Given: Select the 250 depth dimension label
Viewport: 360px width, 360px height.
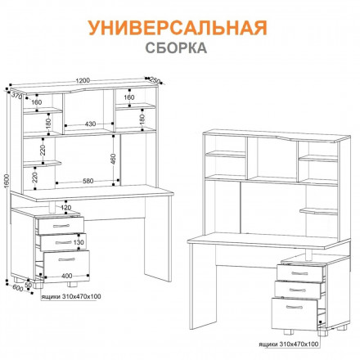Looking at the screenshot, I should coord(155,79).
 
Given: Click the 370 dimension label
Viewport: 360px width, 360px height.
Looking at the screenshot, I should coord(14,97).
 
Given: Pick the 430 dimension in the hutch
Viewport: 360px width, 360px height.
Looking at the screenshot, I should coord(90,124).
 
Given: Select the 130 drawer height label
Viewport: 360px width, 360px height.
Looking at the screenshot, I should coord(79,242).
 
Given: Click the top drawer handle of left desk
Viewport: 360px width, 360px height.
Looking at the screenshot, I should coord(57,224).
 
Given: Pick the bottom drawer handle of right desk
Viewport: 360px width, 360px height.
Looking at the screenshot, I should coord(298,310).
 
